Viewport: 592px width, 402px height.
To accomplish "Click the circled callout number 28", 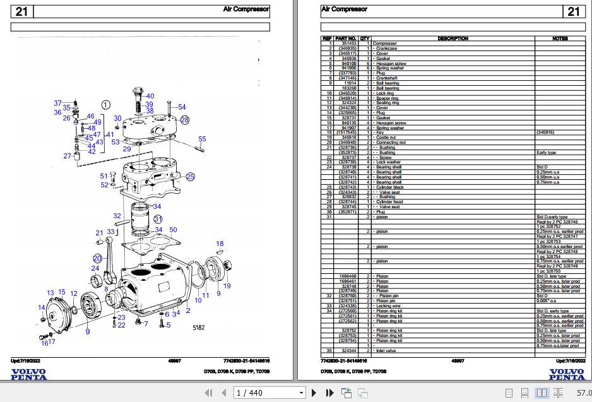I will pyautogui.click(x=184, y=119).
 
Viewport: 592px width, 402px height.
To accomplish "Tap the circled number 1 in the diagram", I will pyautogui.click(x=105, y=105).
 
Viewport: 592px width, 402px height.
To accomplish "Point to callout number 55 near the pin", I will pyautogui.click(x=202, y=139).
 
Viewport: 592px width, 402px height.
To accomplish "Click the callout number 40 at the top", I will pyautogui.click(x=150, y=97).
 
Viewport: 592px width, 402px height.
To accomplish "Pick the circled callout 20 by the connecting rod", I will pyautogui.click(x=97, y=258).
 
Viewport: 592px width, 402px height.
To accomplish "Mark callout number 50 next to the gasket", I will pyautogui.click(x=173, y=230).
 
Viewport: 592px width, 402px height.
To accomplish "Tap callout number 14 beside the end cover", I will pyautogui.click(x=41, y=307).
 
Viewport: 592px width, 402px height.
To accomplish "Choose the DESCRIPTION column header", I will pyautogui.click(x=453, y=38).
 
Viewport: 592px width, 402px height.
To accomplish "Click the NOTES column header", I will pyautogui.click(x=559, y=38).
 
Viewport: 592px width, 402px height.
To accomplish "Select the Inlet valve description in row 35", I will pyautogui.click(x=388, y=350).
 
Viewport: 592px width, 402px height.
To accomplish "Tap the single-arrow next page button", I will pyautogui.click(x=313, y=393).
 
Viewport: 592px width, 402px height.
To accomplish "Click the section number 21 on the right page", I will pyautogui.click(x=573, y=11).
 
